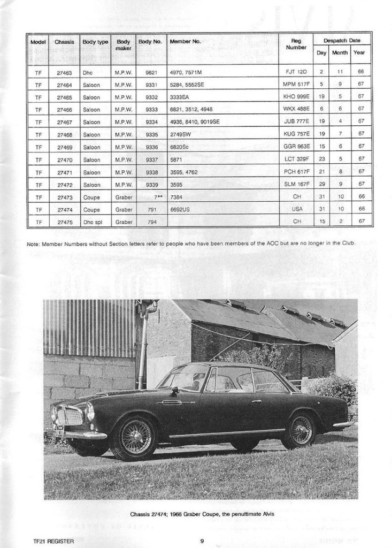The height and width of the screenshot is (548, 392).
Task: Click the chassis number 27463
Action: pos(64,71)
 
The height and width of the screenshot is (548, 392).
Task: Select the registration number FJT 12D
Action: pos(296,71)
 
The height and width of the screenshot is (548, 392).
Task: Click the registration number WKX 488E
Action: pos(296,109)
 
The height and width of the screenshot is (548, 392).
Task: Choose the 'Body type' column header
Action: pos(95,41)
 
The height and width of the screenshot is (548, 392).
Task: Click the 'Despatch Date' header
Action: pos(342,40)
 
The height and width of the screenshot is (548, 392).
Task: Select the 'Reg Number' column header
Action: pos(296,44)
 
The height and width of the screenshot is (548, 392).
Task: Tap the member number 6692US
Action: pos(180,209)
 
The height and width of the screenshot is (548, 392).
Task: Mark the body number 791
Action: pos(152,209)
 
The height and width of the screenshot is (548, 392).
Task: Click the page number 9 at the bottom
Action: pos(202,541)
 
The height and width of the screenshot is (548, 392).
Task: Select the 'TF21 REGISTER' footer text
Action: pos(52,541)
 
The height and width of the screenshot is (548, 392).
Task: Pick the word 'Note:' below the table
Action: pos(33,244)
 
